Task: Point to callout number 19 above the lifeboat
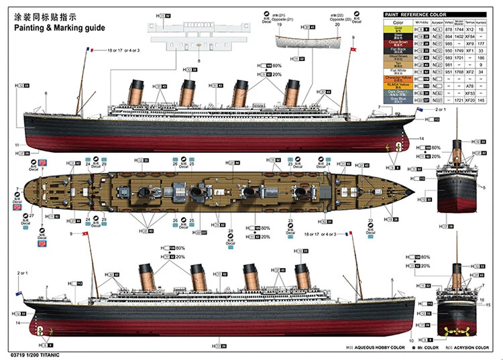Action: click(x=279, y=25)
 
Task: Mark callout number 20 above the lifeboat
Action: click(x=337, y=25)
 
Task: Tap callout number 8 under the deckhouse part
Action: click(x=199, y=61)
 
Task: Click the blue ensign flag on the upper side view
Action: click(x=419, y=110)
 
